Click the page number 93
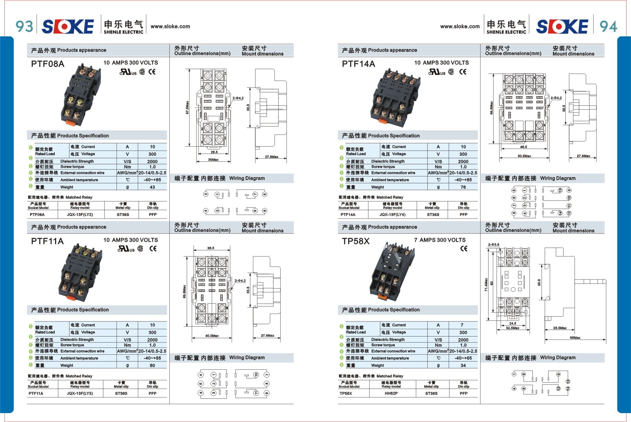point(24,26)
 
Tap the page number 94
point(608,26)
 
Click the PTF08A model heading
point(48,64)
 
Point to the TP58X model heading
point(356,241)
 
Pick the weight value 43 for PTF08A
point(152,187)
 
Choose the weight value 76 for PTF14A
point(463,187)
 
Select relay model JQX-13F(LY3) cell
point(80,393)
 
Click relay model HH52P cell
point(391,393)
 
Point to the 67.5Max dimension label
point(187,107)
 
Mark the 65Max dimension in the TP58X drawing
point(575,338)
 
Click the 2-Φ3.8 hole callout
point(493,245)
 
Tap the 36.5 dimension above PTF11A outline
point(210,248)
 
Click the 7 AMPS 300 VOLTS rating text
point(440,240)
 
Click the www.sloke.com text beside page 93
point(170,26)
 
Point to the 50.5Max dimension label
point(524,156)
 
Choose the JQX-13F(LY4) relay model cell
point(392,214)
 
